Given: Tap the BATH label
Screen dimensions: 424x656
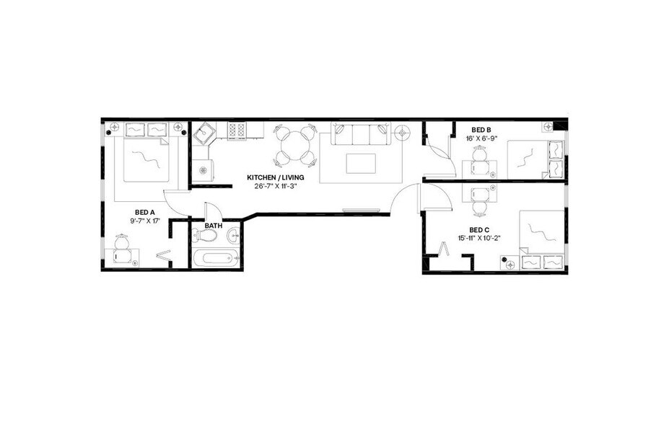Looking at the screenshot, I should [x=213, y=226].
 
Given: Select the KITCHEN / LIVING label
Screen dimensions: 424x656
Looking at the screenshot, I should [x=275, y=177].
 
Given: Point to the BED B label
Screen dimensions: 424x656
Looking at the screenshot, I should [x=482, y=131].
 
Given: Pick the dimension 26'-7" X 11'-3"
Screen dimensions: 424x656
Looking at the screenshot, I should [x=275, y=185].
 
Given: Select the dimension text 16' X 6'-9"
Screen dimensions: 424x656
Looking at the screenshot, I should [x=482, y=138].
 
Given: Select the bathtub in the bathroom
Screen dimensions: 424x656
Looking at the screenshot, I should [x=214, y=258].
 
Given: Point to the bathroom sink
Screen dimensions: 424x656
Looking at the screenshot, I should [x=233, y=236].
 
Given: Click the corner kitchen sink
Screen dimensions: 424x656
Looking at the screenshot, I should [x=204, y=133].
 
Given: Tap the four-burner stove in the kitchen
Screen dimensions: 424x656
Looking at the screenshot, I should [x=237, y=131].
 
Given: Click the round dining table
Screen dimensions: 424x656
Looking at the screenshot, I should [x=294, y=147].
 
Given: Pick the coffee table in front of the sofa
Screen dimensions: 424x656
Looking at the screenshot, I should [x=361, y=163].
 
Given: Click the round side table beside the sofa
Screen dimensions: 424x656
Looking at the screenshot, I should [x=401, y=132].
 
